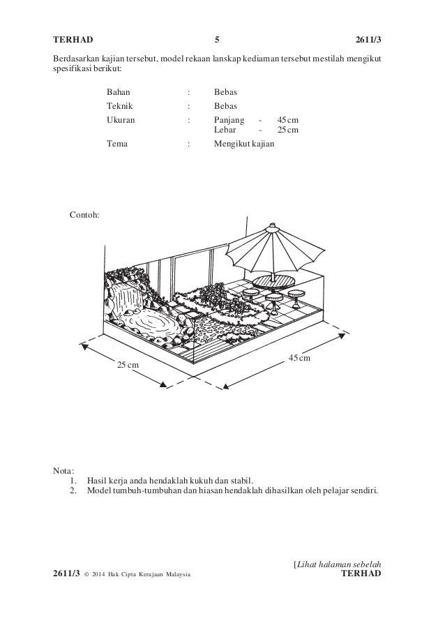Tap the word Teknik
pos(120,106)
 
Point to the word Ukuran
pos(121,120)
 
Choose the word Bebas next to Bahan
pos(225,92)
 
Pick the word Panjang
pos(229,120)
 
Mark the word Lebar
pos(225,129)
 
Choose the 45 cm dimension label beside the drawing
pos(299,358)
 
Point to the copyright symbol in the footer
pos(86,573)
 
